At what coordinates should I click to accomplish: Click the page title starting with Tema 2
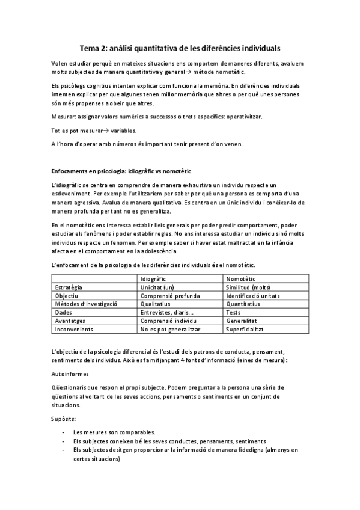pyautogui.click(x=180, y=46)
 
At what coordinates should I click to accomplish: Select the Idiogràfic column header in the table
pyautogui.click(x=153, y=279)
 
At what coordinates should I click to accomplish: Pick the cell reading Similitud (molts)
pyautogui.click(x=248, y=287)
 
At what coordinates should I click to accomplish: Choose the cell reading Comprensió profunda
pyautogui.click(x=168, y=296)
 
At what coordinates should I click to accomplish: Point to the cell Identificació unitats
pyautogui.click(x=252, y=296)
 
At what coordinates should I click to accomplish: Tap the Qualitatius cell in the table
pyautogui.click(x=157, y=304)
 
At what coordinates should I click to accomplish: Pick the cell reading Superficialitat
pyautogui.click(x=246, y=330)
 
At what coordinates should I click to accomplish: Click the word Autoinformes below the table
pyautogui.click(x=71, y=373)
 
